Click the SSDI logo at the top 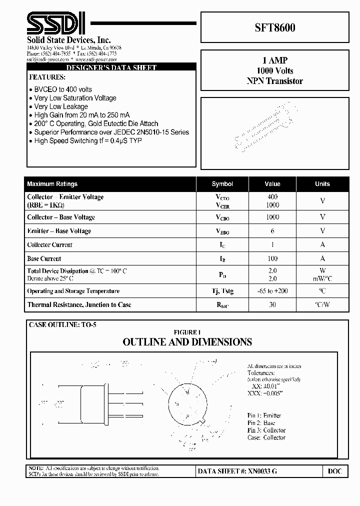click(x=55, y=24)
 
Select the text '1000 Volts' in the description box click(x=275, y=70)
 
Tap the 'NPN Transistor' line click(x=275, y=81)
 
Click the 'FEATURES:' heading click(x=47, y=77)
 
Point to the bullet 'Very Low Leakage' click(x=61, y=106)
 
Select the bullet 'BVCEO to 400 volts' click(x=63, y=89)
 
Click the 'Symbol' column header click(x=222, y=184)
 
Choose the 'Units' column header click(x=322, y=184)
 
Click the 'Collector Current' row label click(x=49, y=245)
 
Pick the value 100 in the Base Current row click(x=272, y=258)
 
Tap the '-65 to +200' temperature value click(x=272, y=291)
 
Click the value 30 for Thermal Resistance click(x=272, y=304)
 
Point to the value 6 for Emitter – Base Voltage click(x=272, y=231)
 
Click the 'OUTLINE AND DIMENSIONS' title click(x=187, y=342)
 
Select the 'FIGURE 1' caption click(x=187, y=332)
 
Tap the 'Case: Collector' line click(x=266, y=437)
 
